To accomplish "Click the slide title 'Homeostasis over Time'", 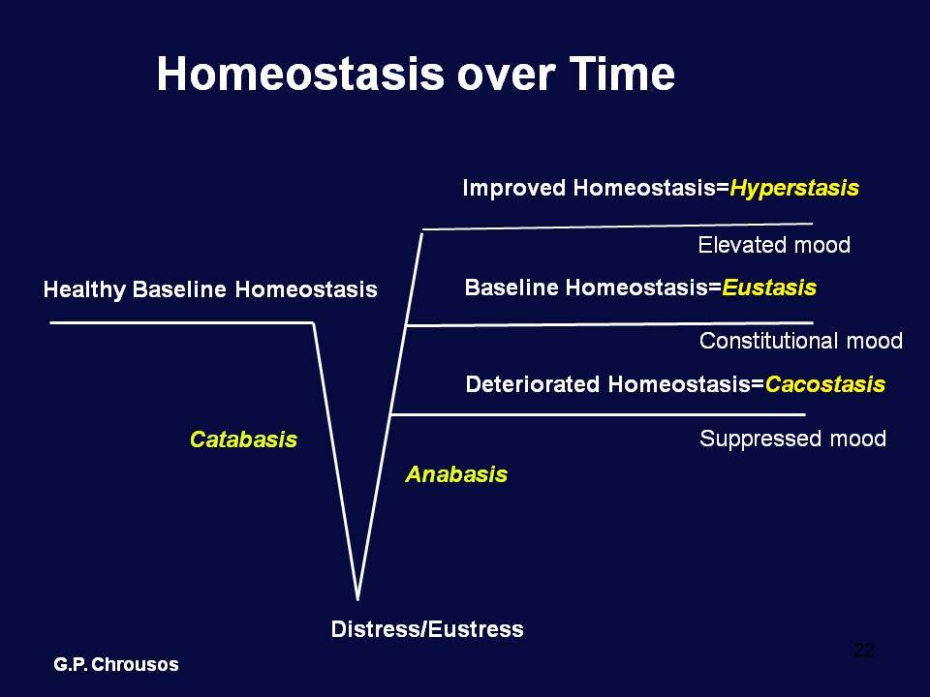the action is coord(416,75).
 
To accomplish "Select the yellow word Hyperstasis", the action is coord(794,189).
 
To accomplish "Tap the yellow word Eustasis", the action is coord(769,288).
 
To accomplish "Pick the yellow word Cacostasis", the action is coord(825,384).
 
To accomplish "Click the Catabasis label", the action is coord(243,439).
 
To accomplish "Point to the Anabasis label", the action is coord(456,474).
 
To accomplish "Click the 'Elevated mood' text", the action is coord(774,245).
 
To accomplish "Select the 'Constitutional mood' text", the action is coord(801,341).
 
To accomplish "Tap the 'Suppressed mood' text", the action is coord(793,439).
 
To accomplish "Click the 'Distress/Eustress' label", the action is coord(427,629).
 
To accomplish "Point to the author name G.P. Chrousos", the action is coord(116,664).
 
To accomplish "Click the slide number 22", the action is coord(864,651).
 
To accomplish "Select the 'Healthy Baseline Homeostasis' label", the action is coord(210,289).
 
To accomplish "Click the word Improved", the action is coord(513,188).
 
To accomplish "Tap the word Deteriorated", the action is coord(533,384).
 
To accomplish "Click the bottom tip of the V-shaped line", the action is coord(357,599).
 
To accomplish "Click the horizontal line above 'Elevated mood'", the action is coord(617,227).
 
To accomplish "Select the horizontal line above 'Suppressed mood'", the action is coord(598,414).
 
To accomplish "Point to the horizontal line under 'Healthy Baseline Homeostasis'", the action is coord(182,322).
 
